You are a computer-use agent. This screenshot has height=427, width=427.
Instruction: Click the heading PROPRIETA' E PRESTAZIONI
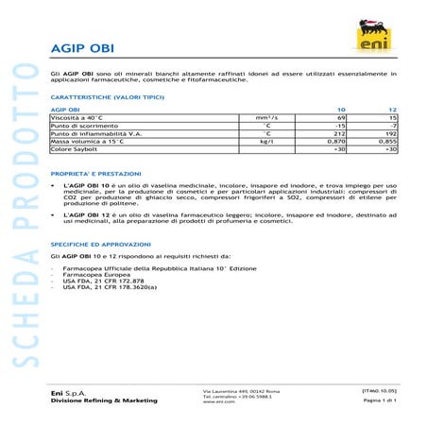96,175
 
